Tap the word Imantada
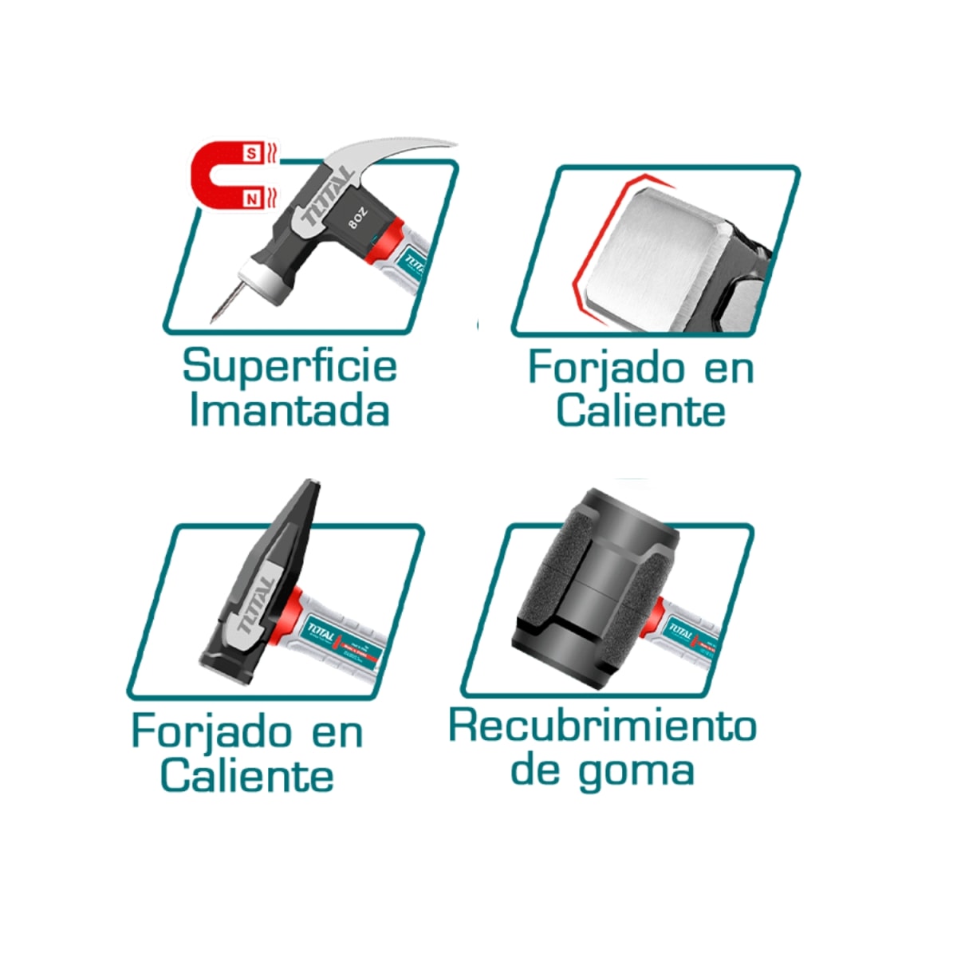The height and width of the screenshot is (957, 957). pyautogui.click(x=289, y=412)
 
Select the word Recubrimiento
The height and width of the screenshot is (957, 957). pyautogui.click(x=602, y=726)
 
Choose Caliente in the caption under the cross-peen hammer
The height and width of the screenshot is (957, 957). pyautogui.click(x=246, y=775)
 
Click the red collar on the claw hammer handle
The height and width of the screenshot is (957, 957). pyautogui.click(x=392, y=242)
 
